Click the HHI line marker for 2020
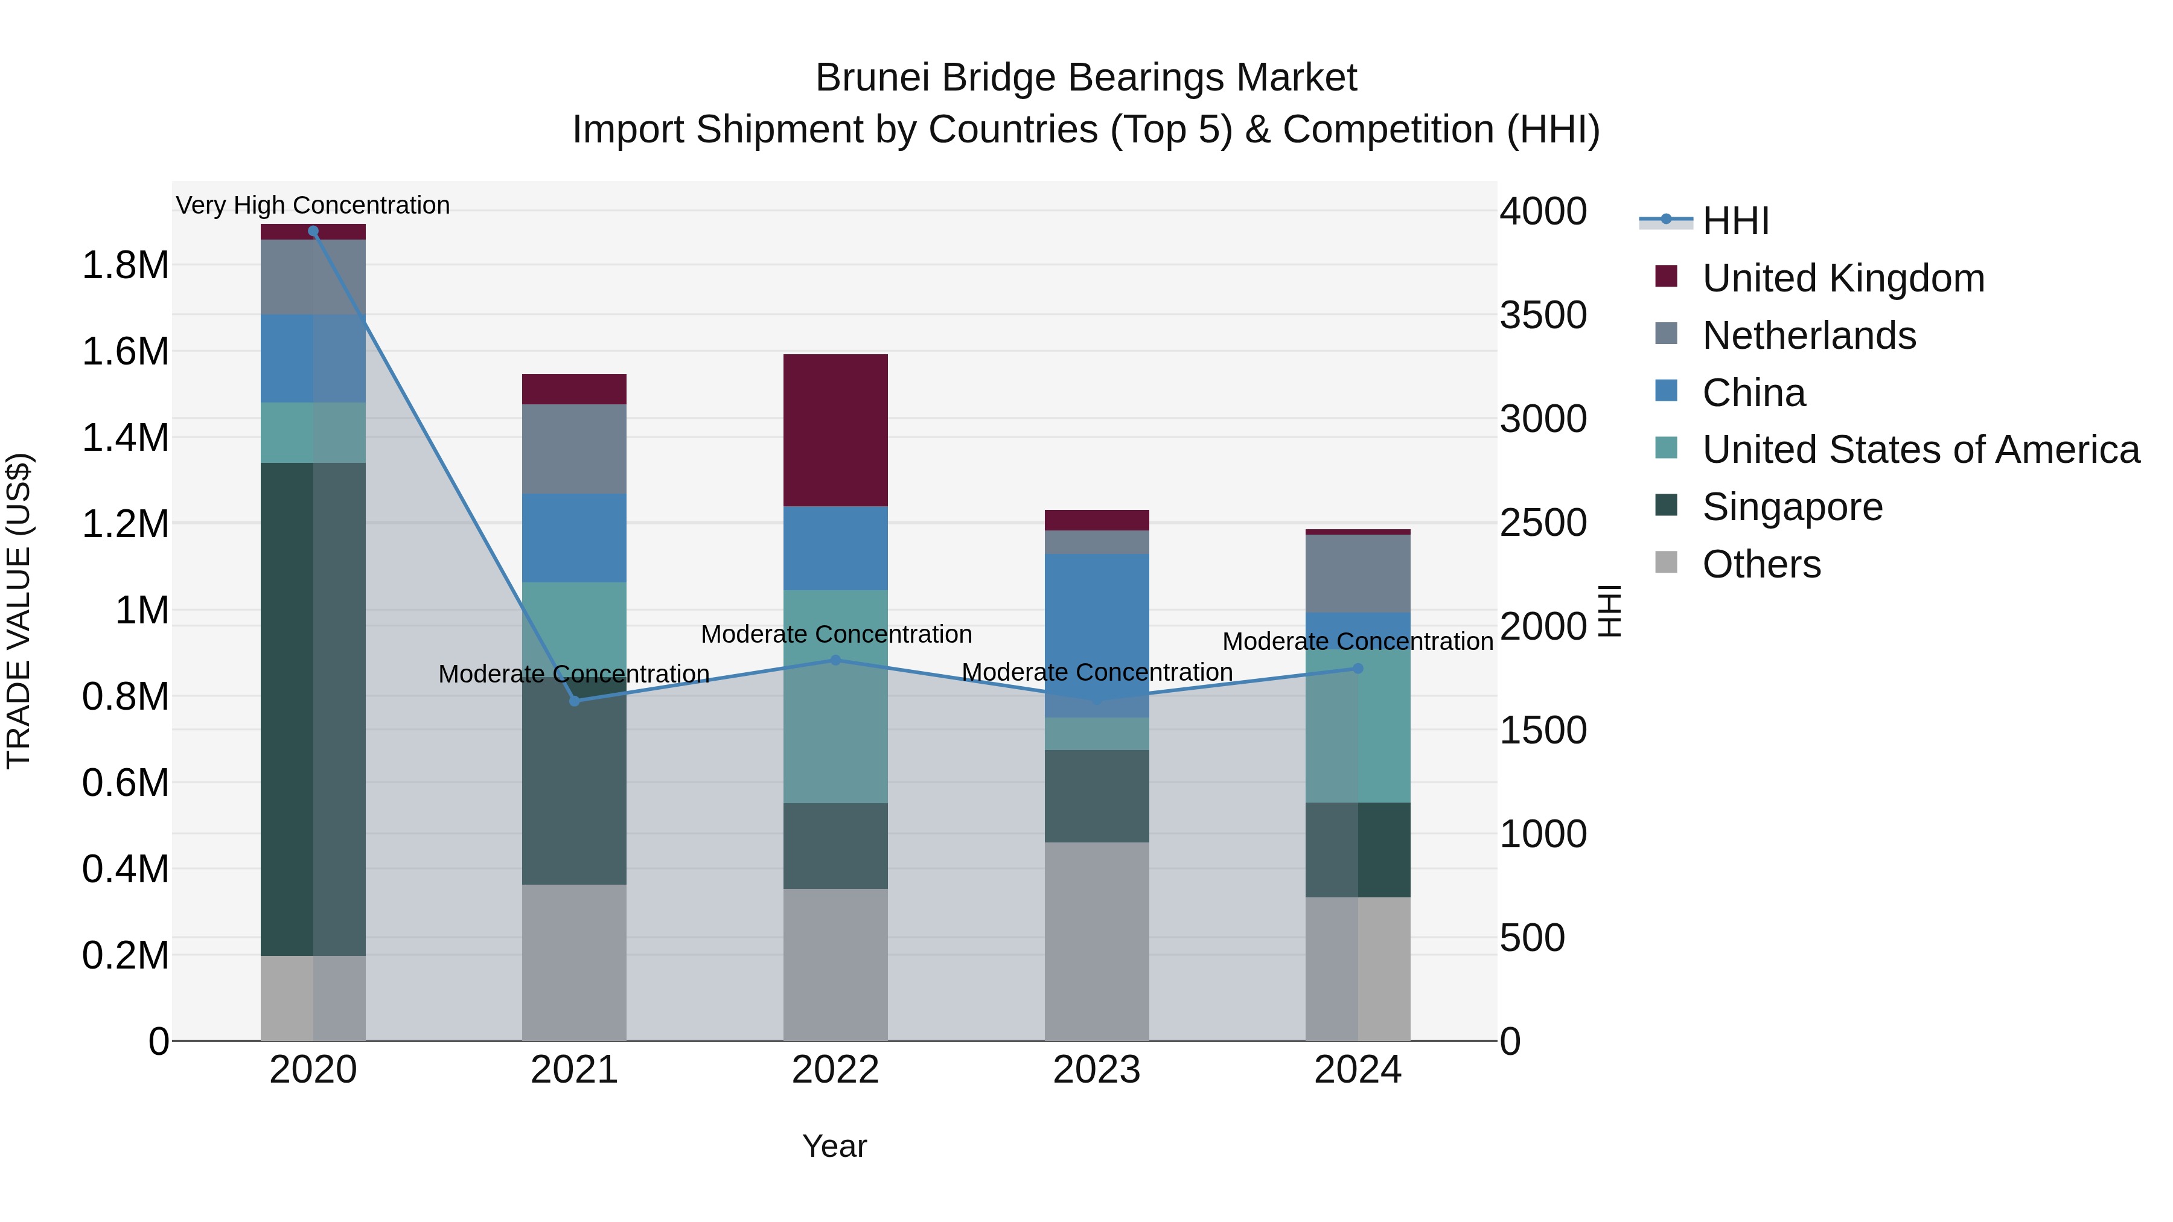click(313, 231)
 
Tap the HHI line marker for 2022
click(835, 660)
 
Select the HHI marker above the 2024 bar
click(1358, 669)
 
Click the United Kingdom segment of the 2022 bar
click(835, 430)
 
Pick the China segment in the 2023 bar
click(1097, 635)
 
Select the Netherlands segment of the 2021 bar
click(573, 448)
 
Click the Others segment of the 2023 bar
click(1097, 940)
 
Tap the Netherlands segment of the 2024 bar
click(1358, 573)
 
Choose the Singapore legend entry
click(1792, 508)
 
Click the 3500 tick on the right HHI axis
click(1543, 316)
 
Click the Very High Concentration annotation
click(313, 206)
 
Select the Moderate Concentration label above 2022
click(836, 634)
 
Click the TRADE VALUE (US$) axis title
click(19, 611)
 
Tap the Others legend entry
click(1761, 565)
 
